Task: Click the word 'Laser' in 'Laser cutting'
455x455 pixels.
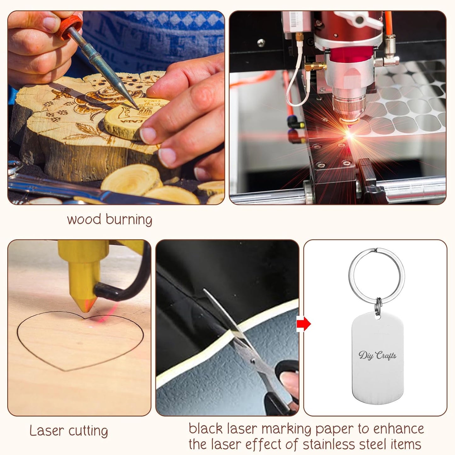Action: point(47,430)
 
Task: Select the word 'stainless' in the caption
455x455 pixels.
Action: point(329,444)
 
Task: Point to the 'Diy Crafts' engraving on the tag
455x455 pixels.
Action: point(377,355)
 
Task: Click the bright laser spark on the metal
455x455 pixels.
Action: point(349,135)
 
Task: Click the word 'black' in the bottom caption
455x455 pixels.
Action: point(206,429)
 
